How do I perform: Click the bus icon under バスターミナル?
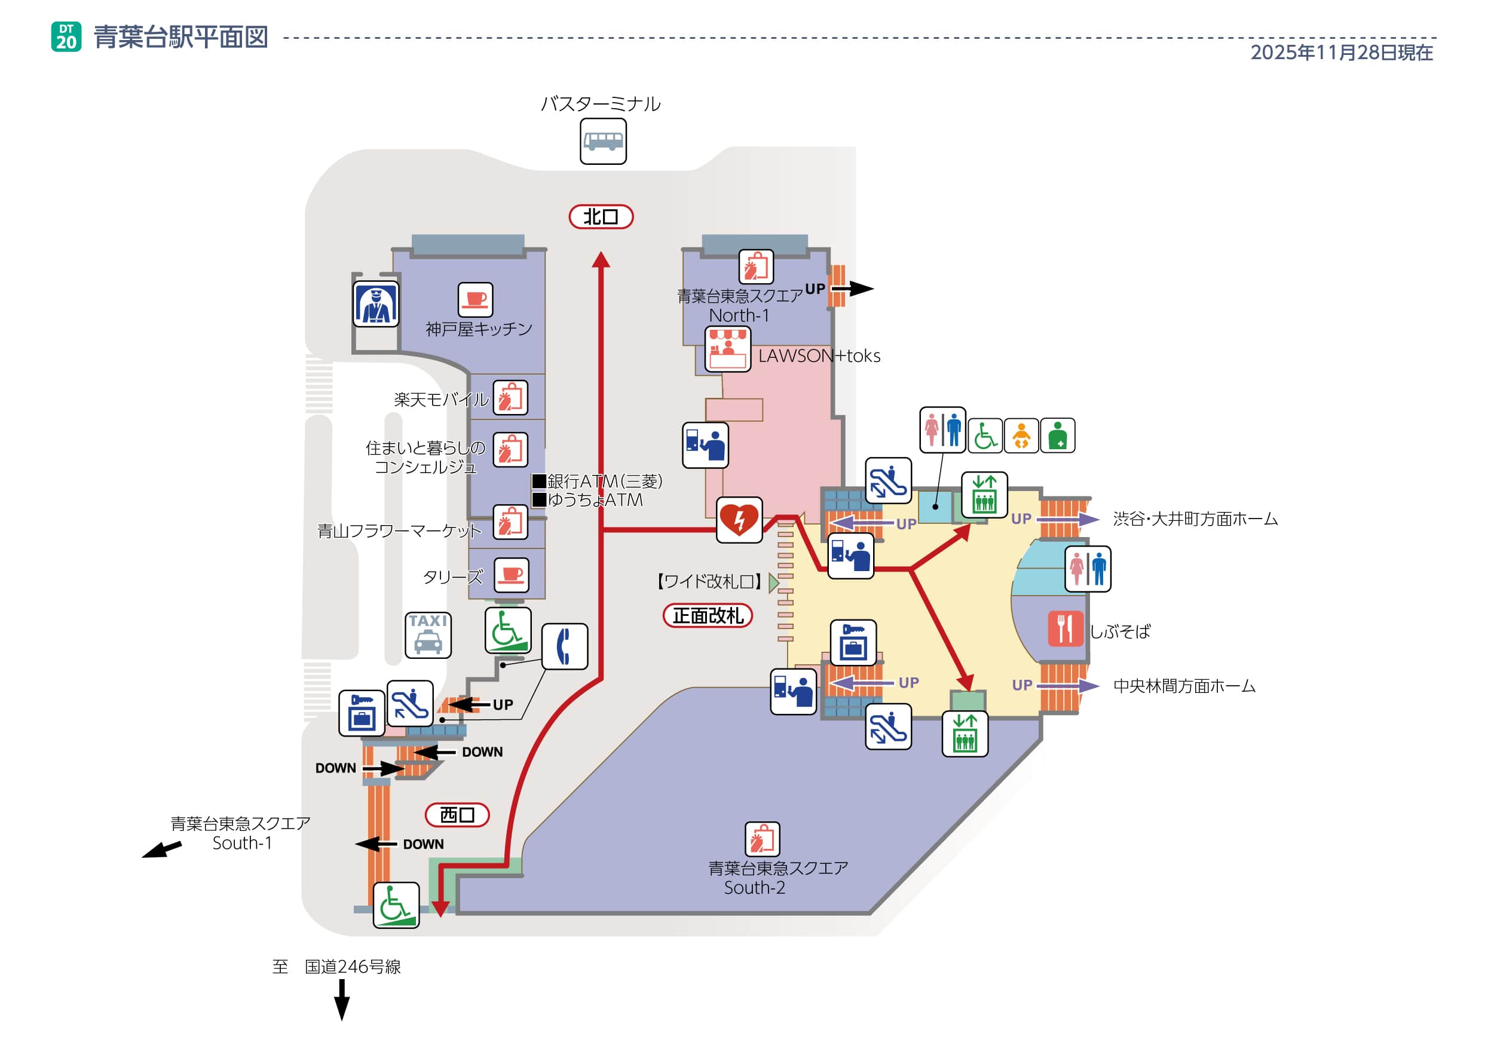coord(602,141)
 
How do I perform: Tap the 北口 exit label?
coord(601,217)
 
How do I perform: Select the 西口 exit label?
coord(457,814)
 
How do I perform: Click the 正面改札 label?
coord(708,615)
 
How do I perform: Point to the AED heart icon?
coord(739,520)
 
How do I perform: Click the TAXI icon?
coord(427,635)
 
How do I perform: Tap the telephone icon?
coord(564,646)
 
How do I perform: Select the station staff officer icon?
coord(375,304)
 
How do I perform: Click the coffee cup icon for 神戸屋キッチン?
coord(475,300)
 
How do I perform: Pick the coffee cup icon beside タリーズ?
coord(512,575)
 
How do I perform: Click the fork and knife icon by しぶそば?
coord(1065,628)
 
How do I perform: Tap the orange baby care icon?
coord(1021,435)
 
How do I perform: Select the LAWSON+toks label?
coord(819,356)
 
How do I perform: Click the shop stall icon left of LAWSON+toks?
coord(727,349)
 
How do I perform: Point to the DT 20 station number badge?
coord(66,37)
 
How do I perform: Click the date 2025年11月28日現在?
coord(1341,52)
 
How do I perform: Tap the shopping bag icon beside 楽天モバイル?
coord(510,397)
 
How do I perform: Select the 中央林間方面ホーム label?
coord(1184,686)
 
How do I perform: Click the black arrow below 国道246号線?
coord(342,999)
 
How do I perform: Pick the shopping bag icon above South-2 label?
coord(762,839)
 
